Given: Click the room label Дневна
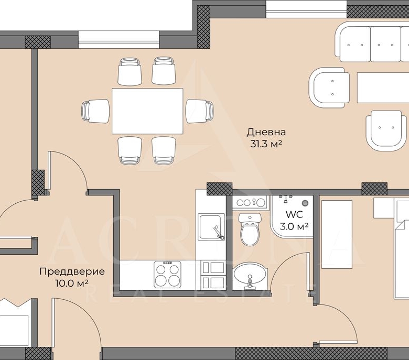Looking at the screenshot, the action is tap(266, 132).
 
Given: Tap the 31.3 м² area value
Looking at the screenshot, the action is tap(266, 144).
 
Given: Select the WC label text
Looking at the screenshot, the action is tap(294, 214).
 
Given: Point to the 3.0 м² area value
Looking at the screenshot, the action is tap(294, 226).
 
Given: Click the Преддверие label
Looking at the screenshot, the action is tap(72, 271).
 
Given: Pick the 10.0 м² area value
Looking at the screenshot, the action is tap(71, 283).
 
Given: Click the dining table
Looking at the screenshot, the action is tap(147, 111).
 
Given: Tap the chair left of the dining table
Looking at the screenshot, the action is tap(95, 111).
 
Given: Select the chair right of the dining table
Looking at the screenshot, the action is tap(200, 111).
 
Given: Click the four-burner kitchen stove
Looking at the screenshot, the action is tap(167, 274).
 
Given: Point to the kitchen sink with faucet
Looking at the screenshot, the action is tap(211, 227).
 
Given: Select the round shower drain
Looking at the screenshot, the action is tap(305, 203).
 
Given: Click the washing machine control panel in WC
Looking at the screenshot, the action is tap(249, 202).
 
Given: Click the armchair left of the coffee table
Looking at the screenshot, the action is tap(329, 88).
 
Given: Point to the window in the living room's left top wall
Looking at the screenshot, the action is tap(119, 40).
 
